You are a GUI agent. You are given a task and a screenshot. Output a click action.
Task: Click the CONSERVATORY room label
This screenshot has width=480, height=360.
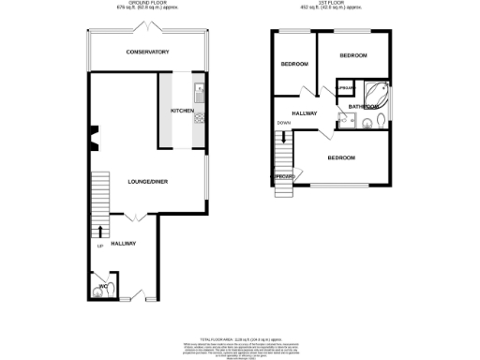tap(147, 52)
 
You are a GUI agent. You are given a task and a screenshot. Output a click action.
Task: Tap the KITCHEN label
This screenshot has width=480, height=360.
tap(182, 112)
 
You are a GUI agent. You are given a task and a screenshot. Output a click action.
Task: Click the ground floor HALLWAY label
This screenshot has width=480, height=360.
tap(124, 244)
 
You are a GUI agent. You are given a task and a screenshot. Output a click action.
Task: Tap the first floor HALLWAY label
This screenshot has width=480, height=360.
tap(305, 113)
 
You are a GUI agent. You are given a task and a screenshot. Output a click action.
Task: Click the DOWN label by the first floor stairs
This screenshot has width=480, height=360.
tap(283, 124)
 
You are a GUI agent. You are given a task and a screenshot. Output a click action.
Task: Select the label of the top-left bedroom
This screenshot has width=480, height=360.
tap(294, 64)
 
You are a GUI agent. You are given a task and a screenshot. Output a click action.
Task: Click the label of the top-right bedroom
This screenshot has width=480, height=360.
tap(352, 56)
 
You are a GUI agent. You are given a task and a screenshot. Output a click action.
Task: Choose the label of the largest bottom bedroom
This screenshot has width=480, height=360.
tap(340, 157)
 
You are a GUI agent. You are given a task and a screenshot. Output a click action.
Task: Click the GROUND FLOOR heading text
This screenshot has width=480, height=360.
tap(147, 4)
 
